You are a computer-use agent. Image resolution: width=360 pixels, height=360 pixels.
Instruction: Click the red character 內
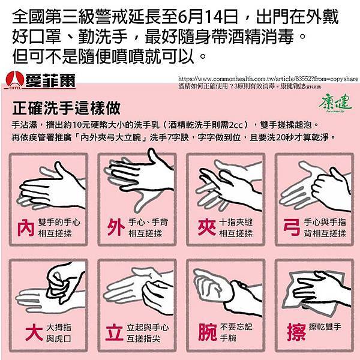click(26, 228)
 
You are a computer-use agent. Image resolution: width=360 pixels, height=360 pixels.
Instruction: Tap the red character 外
click(115, 228)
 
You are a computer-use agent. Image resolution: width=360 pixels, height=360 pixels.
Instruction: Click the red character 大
click(26, 332)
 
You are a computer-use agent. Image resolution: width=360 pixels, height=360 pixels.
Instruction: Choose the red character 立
click(115, 332)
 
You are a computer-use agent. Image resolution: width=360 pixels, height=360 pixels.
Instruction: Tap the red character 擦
click(292, 332)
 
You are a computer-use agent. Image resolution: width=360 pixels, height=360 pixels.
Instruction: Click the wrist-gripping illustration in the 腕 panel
click(228, 288)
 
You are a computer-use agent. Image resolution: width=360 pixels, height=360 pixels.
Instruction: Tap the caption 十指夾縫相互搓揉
click(236, 228)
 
